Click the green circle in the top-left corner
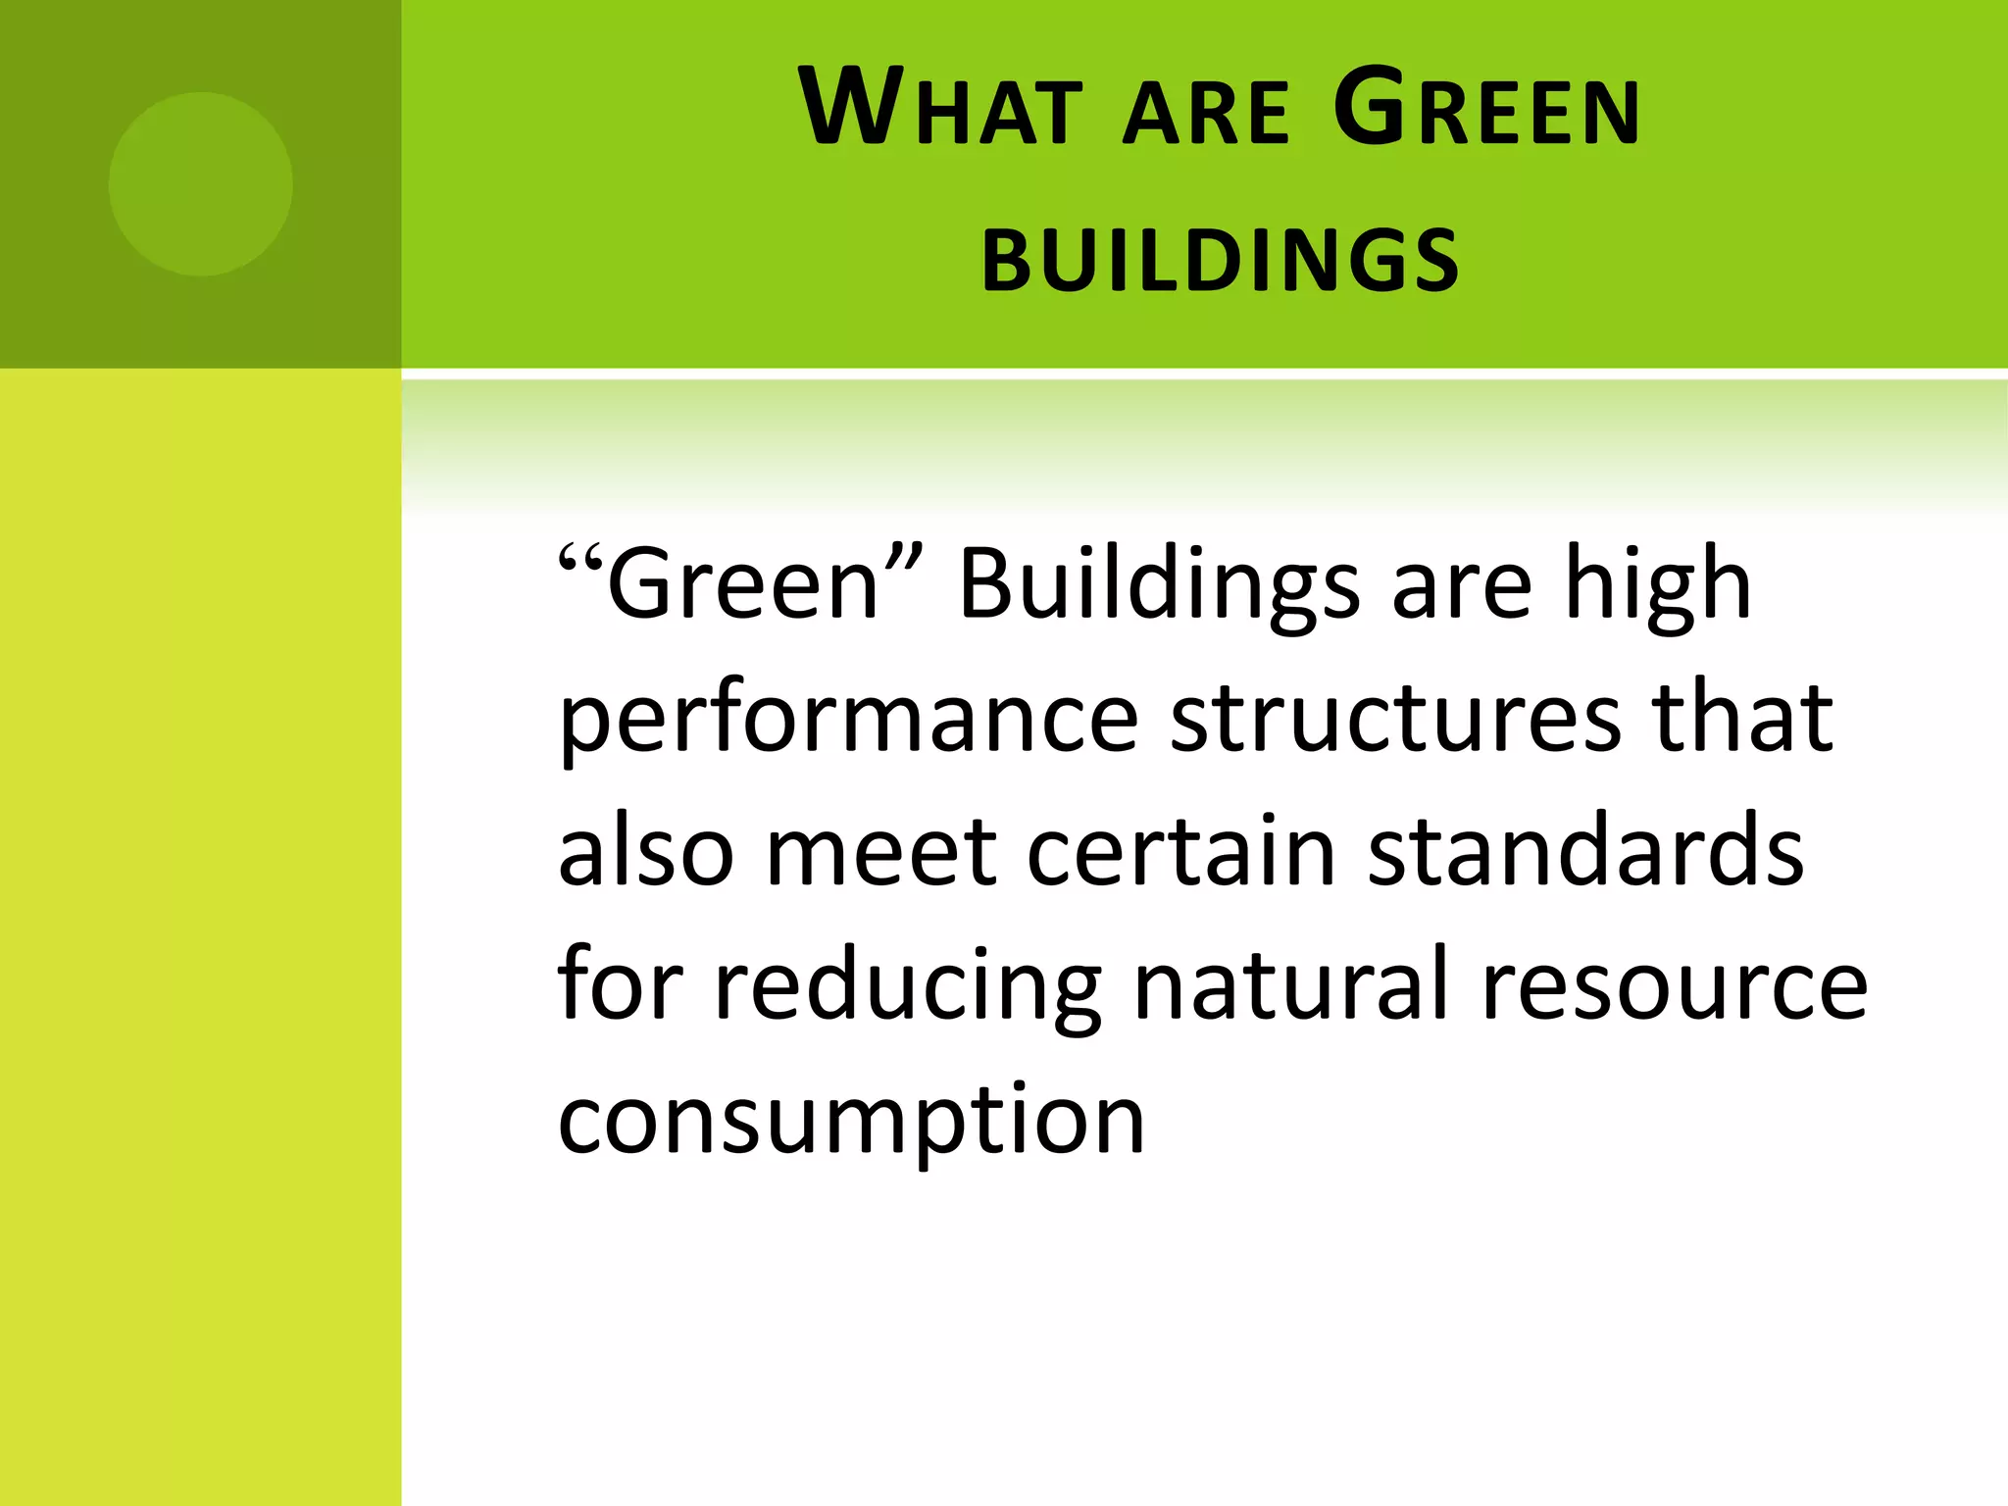pyautogui.click(x=200, y=184)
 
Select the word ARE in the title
pyautogui.click(x=1206, y=112)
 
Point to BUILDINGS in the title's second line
pyautogui.click(x=1221, y=260)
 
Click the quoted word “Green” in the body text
pyautogui.click(x=740, y=584)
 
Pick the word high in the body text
pyautogui.click(x=1657, y=586)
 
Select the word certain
pyautogui.click(x=1181, y=850)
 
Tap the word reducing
pyautogui.click(x=908, y=985)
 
